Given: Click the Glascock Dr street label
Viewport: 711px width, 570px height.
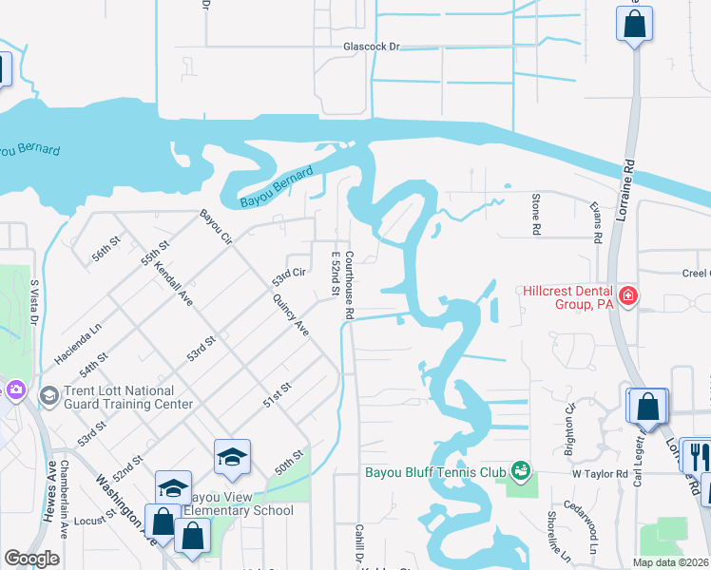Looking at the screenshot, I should point(372,46).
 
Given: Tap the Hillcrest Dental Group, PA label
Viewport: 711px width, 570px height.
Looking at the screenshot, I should point(566,297).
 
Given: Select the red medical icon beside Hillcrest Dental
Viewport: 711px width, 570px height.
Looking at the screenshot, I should point(627,297).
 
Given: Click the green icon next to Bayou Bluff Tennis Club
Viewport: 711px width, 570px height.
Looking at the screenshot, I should point(519,469).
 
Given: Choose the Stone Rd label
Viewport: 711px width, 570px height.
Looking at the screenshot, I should point(536,215).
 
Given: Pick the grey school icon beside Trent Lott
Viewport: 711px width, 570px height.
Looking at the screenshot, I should point(48,393).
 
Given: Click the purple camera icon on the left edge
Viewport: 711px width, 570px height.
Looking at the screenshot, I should point(14,389).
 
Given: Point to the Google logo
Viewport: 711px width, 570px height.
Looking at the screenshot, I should point(31,559).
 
